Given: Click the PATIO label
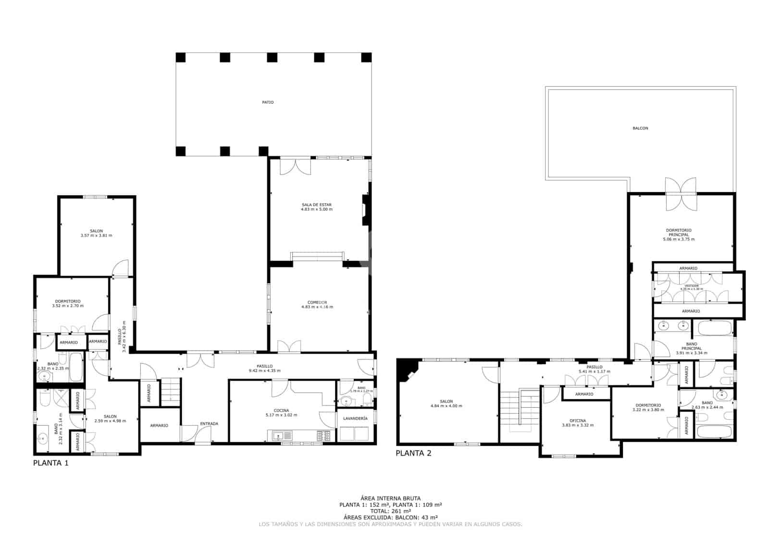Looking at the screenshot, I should pos(268,102).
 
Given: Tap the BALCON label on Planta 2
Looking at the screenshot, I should pos(640,128).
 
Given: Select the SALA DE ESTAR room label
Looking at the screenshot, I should pos(316,205).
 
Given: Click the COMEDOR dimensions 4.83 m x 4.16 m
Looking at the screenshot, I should pos(317,307).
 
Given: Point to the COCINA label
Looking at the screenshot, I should pos(281,410).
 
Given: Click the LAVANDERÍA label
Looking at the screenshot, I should pos(355,419).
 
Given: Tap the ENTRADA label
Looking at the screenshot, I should pos(209,423).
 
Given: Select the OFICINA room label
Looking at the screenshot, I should pos(578,421).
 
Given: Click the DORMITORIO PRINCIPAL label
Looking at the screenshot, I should pos(679,232).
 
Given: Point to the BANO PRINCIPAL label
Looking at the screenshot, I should pos(692,346).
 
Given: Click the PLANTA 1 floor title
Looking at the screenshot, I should pos(50,463).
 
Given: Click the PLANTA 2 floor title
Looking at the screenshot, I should pos(413,453).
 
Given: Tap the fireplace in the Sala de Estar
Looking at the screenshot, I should pos(365,210).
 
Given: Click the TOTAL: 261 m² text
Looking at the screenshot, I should pos(390,511).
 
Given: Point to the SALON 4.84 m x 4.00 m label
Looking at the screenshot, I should pos(446,403).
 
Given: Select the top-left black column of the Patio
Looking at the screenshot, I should pos(180,58).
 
